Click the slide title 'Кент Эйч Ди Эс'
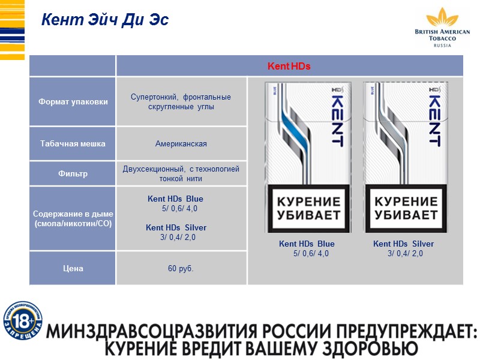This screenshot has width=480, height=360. (x=105, y=20)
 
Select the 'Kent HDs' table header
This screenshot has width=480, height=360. (x=289, y=66)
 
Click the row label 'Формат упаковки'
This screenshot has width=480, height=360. (x=73, y=101)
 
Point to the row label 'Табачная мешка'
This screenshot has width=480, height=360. (x=73, y=143)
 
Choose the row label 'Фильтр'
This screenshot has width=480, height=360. (x=73, y=174)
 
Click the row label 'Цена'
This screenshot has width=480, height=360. (x=73, y=268)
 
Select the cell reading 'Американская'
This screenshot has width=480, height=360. (x=181, y=144)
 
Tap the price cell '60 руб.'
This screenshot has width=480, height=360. (x=181, y=268)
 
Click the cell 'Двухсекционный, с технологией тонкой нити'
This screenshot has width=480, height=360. (x=181, y=174)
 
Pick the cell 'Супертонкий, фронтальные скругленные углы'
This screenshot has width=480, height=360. (x=181, y=102)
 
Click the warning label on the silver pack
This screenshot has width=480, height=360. (x=406, y=208)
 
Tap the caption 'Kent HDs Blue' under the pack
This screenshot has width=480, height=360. (x=307, y=244)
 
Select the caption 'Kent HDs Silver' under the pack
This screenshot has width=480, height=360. (x=403, y=244)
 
